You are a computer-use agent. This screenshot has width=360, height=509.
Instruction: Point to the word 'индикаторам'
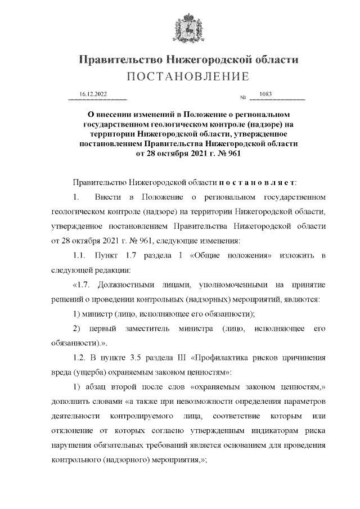point(264,431)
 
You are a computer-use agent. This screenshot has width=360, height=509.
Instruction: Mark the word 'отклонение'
point(67,431)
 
